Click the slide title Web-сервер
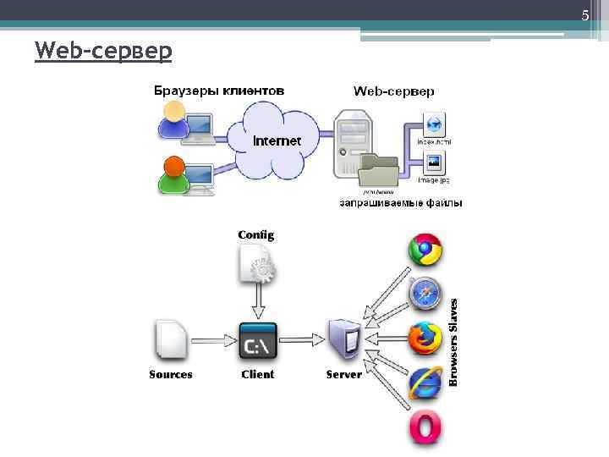point(103,52)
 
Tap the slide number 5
point(584,15)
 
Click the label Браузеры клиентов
point(218,91)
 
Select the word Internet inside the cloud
point(277,140)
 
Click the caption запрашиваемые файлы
point(401,203)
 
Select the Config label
point(255,234)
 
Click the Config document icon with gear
point(257,262)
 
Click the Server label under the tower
point(343,374)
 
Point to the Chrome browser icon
point(425,251)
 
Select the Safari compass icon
point(425,294)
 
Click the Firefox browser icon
point(425,339)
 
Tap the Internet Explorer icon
point(425,383)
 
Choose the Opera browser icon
point(425,428)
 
